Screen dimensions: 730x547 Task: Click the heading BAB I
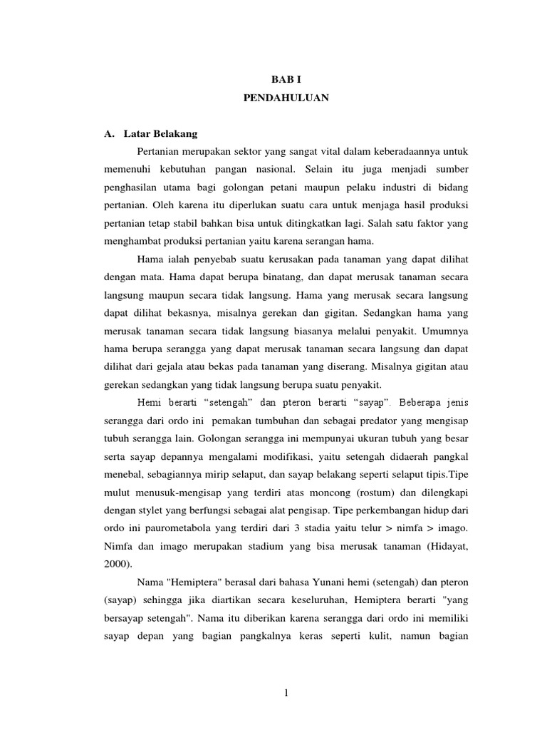tap(286, 81)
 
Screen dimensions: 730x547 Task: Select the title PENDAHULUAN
tap(286, 99)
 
